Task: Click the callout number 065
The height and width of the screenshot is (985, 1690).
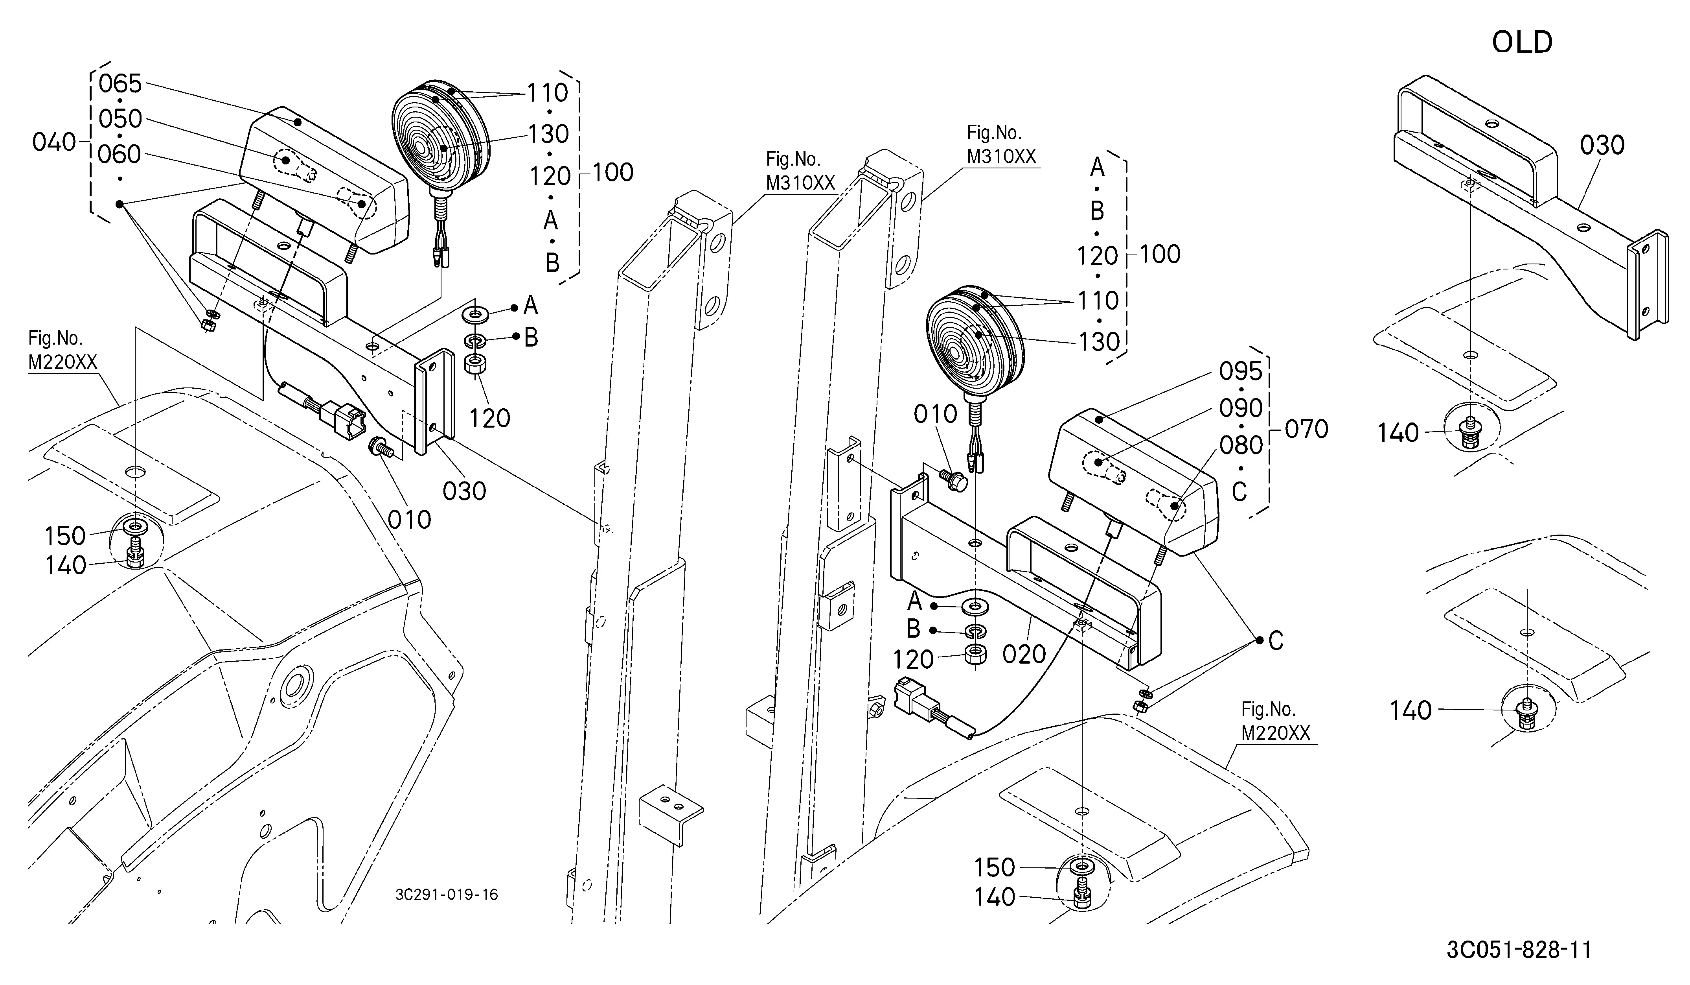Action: pyautogui.click(x=121, y=84)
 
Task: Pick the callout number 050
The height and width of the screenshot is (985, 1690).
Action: pyautogui.click(x=121, y=119)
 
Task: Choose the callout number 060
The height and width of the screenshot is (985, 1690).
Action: pyautogui.click(x=120, y=154)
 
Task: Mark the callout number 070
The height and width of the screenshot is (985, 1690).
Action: pyautogui.click(x=1306, y=429)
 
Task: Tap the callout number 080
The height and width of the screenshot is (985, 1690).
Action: pyautogui.click(x=1241, y=445)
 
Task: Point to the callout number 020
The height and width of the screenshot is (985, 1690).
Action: pyautogui.click(x=1024, y=654)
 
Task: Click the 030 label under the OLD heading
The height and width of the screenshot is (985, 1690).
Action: pyautogui.click(x=1602, y=145)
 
